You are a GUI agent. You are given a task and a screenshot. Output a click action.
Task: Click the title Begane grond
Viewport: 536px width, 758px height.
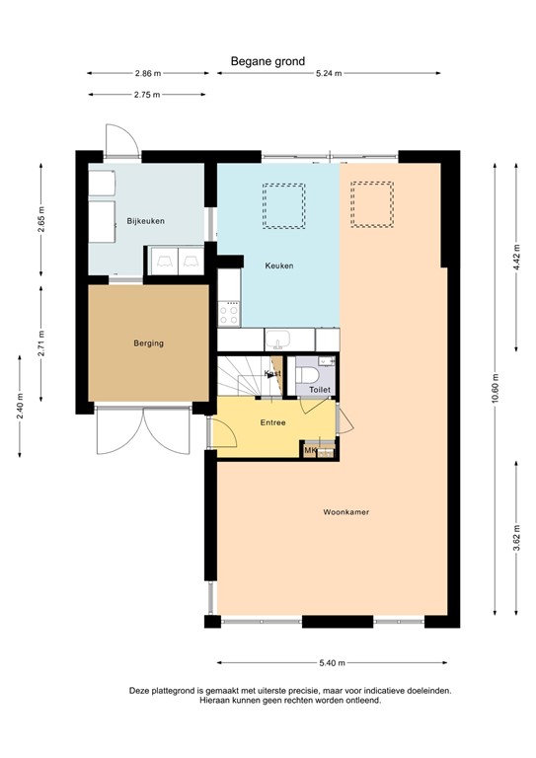(268, 61)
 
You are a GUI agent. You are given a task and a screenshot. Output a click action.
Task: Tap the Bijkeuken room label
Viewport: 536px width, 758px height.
(145, 221)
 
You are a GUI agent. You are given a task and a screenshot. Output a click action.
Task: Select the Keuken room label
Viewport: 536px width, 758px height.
(279, 266)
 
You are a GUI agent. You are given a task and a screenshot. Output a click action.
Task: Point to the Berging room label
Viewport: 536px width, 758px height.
(148, 343)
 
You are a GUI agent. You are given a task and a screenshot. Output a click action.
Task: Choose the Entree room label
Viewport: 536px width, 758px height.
(272, 422)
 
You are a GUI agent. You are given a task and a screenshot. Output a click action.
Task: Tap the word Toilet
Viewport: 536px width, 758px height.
(320, 391)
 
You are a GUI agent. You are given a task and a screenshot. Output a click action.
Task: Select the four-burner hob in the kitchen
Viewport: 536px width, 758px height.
(229, 315)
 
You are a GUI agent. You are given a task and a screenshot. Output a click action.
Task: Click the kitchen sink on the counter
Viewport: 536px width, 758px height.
(277, 340)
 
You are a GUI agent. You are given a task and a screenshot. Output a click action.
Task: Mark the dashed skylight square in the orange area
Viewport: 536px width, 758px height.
(372, 203)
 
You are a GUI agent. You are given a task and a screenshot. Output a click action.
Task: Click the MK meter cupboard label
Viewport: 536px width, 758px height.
(310, 451)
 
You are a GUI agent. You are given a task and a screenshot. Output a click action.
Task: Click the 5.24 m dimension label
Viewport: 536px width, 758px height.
(331, 73)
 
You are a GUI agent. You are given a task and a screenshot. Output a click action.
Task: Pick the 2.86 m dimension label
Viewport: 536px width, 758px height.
(148, 73)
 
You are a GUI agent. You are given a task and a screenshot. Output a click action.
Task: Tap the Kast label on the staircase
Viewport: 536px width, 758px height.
(273, 374)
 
